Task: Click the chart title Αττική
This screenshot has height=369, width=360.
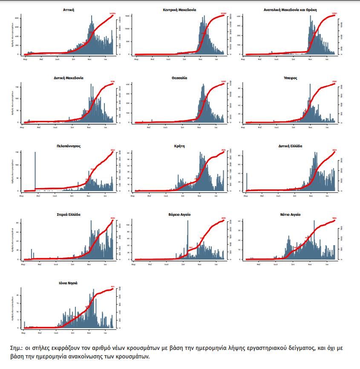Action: pyautogui.click(x=68, y=9)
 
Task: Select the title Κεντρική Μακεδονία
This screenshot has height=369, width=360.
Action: pyautogui.click(x=179, y=9)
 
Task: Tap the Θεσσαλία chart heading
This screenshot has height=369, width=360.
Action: pyautogui.click(x=179, y=78)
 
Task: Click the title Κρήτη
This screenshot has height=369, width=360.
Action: pyautogui.click(x=179, y=146)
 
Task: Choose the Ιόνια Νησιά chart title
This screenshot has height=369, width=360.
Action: pyautogui.click(x=68, y=283)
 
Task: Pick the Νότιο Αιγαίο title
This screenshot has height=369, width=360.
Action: pyautogui.click(x=290, y=215)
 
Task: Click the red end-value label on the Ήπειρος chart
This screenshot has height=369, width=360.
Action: pyautogui.click(x=334, y=81)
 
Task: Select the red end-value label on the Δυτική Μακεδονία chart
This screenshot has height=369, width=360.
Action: pyautogui.click(x=112, y=81)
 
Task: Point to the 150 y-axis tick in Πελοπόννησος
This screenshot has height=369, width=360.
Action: pyautogui.click(x=17, y=152)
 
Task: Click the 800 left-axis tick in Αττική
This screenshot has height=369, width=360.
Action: pyautogui.click(x=17, y=18)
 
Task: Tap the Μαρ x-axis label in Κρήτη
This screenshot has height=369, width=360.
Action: pyautogui.click(x=135, y=195)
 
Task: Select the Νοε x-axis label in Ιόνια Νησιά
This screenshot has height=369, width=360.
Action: pyautogui.click(x=89, y=332)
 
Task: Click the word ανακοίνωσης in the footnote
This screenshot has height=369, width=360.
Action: pyautogui.click(x=91, y=357)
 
